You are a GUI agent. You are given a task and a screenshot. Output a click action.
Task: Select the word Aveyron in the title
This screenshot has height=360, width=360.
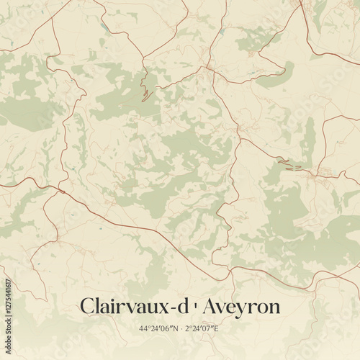tap(241, 306)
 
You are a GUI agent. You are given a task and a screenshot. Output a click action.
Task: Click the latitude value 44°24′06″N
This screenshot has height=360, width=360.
tap(158, 329)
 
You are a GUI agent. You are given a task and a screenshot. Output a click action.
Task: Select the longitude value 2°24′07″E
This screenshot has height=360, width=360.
tap(202, 329)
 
